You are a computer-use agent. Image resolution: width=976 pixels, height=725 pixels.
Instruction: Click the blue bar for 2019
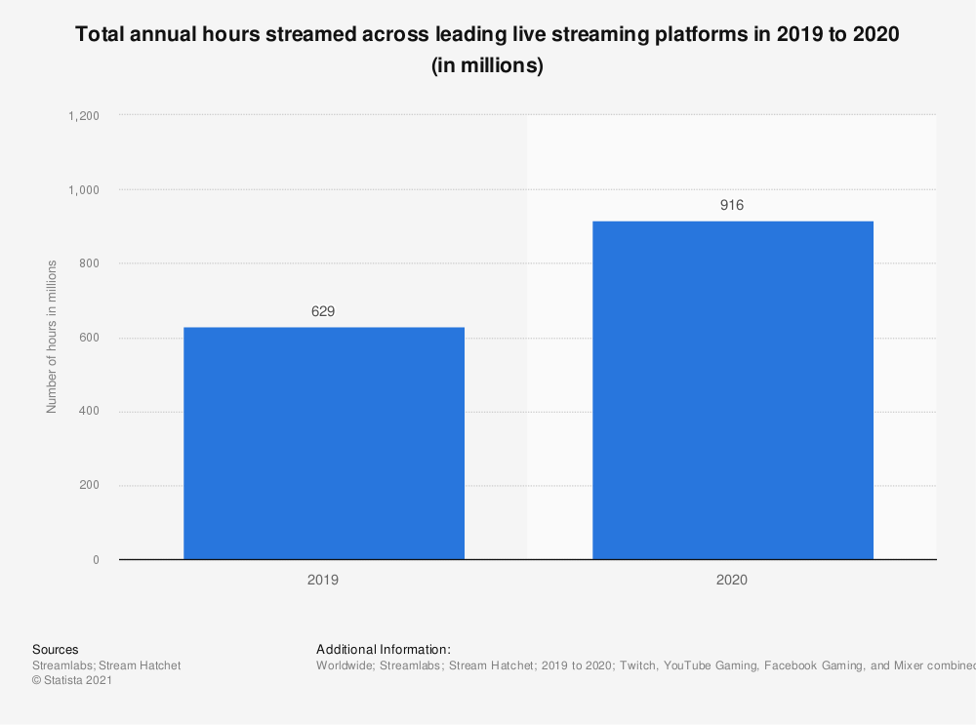(323, 443)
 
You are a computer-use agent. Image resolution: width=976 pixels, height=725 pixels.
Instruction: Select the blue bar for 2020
(732, 390)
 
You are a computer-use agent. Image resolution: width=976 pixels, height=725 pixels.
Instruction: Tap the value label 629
(323, 311)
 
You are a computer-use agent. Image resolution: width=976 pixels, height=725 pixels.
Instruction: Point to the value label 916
(732, 205)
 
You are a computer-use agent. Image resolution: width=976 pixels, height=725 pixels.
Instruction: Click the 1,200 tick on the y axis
(84, 115)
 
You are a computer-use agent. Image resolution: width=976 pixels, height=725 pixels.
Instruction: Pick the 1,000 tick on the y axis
(84, 189)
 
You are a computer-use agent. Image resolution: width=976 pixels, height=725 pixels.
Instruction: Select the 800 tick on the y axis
(89, 263)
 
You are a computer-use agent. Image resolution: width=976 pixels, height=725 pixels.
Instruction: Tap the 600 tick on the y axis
(89, 338)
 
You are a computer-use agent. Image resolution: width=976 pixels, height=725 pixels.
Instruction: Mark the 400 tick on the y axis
(89, 412)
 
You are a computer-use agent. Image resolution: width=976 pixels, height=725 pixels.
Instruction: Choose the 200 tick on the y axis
(89, 486)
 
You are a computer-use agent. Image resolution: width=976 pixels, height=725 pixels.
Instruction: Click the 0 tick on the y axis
(96, 560)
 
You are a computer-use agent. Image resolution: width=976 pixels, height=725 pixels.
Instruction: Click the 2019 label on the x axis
(323, 580)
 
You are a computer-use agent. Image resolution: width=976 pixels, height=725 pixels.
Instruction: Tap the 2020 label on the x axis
(732, 580)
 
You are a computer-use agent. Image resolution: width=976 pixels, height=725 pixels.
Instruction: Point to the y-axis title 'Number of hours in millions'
(52, 337)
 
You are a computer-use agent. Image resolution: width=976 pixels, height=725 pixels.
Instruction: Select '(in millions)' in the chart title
(487, 66)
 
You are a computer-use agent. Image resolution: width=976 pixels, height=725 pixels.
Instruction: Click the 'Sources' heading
(56, 649)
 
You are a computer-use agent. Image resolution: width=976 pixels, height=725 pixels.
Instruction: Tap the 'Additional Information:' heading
(384, 649)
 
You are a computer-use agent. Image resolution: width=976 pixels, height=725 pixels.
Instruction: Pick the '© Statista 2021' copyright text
(72, 681)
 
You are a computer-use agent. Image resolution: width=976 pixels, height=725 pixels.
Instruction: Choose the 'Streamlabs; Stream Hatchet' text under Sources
(106, 665)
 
